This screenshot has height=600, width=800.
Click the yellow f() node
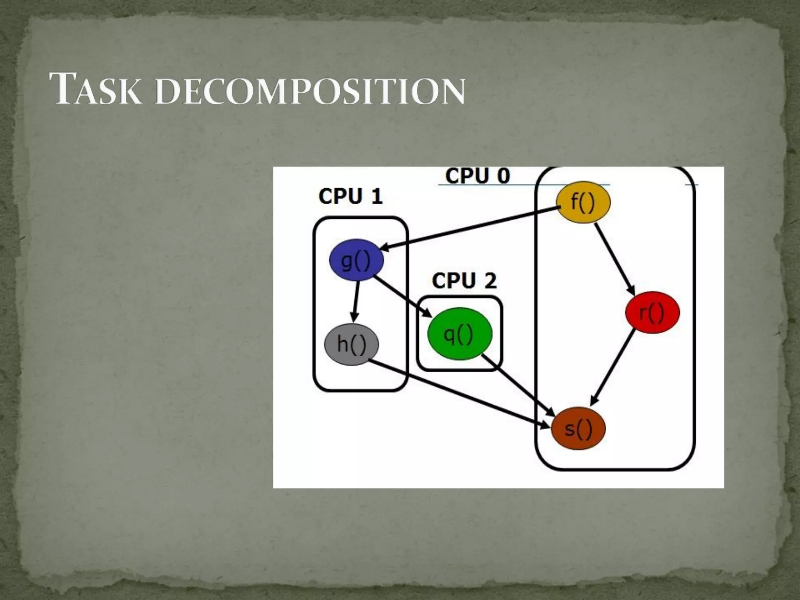(582, 202)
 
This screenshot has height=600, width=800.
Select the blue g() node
(356, 260)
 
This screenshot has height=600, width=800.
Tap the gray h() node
(352, 344)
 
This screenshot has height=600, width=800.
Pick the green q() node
(459, 334)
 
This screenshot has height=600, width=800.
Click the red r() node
(652, 312)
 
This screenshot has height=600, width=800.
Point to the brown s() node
(578, 429)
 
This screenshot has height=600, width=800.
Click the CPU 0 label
(477, 176)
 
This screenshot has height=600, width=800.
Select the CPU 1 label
(350, 196)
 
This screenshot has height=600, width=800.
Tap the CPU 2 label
(464, 281)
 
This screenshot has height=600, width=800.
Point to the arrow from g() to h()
(356, 301)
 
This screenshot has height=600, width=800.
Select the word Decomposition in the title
(310, 91)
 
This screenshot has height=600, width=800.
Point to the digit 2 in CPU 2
(490, 281)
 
